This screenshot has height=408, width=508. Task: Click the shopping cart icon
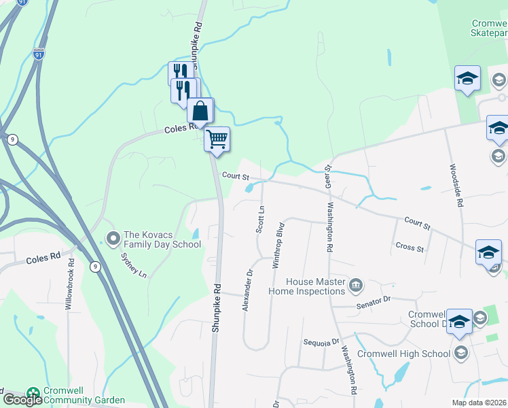[217, 139]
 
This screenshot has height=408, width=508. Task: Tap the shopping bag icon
[200, 110]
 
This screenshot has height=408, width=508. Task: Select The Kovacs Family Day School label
[162, 239]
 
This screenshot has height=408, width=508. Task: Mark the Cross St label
[410, 248]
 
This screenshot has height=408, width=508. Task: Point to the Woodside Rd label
[454, 185]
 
